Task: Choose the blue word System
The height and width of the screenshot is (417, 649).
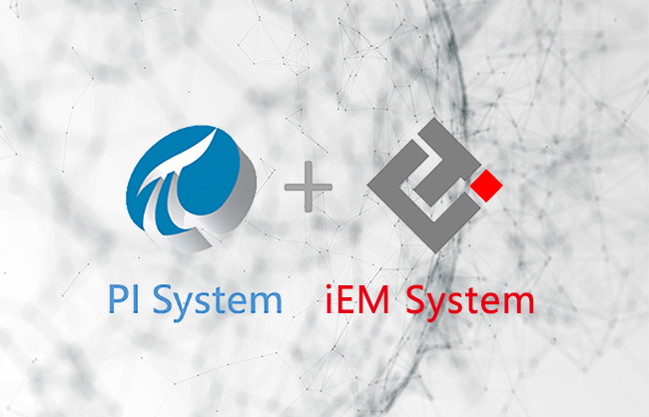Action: pyautogui.click(x=221, y=300)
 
